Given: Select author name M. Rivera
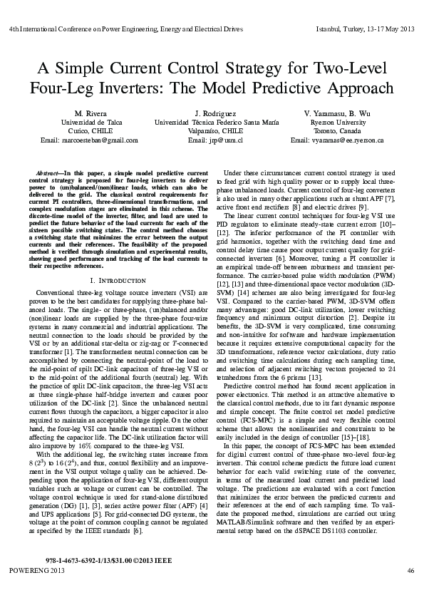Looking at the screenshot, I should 89,114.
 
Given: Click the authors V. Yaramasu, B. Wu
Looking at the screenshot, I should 338,114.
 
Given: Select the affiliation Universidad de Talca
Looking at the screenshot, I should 89,123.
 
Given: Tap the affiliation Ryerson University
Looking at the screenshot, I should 338,123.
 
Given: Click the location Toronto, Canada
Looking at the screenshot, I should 338,131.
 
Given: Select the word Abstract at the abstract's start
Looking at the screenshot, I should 50,173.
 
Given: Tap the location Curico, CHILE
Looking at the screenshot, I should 89,131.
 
